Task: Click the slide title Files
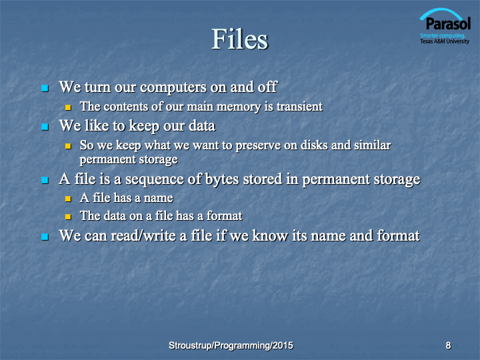(240, 39)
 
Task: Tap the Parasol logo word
(448, 23)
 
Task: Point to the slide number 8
(448, 345)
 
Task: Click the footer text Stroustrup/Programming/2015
(231, 345)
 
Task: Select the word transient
(299, 107)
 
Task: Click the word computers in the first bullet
(173, 87)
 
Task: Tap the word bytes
(222, 179)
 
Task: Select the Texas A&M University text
(445, 41)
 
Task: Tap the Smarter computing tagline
(443, 35)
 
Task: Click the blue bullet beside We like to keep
(45, 127)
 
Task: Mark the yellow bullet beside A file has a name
(68, 199)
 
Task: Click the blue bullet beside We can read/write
(45, 237)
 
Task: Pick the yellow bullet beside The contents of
(68, 107)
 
